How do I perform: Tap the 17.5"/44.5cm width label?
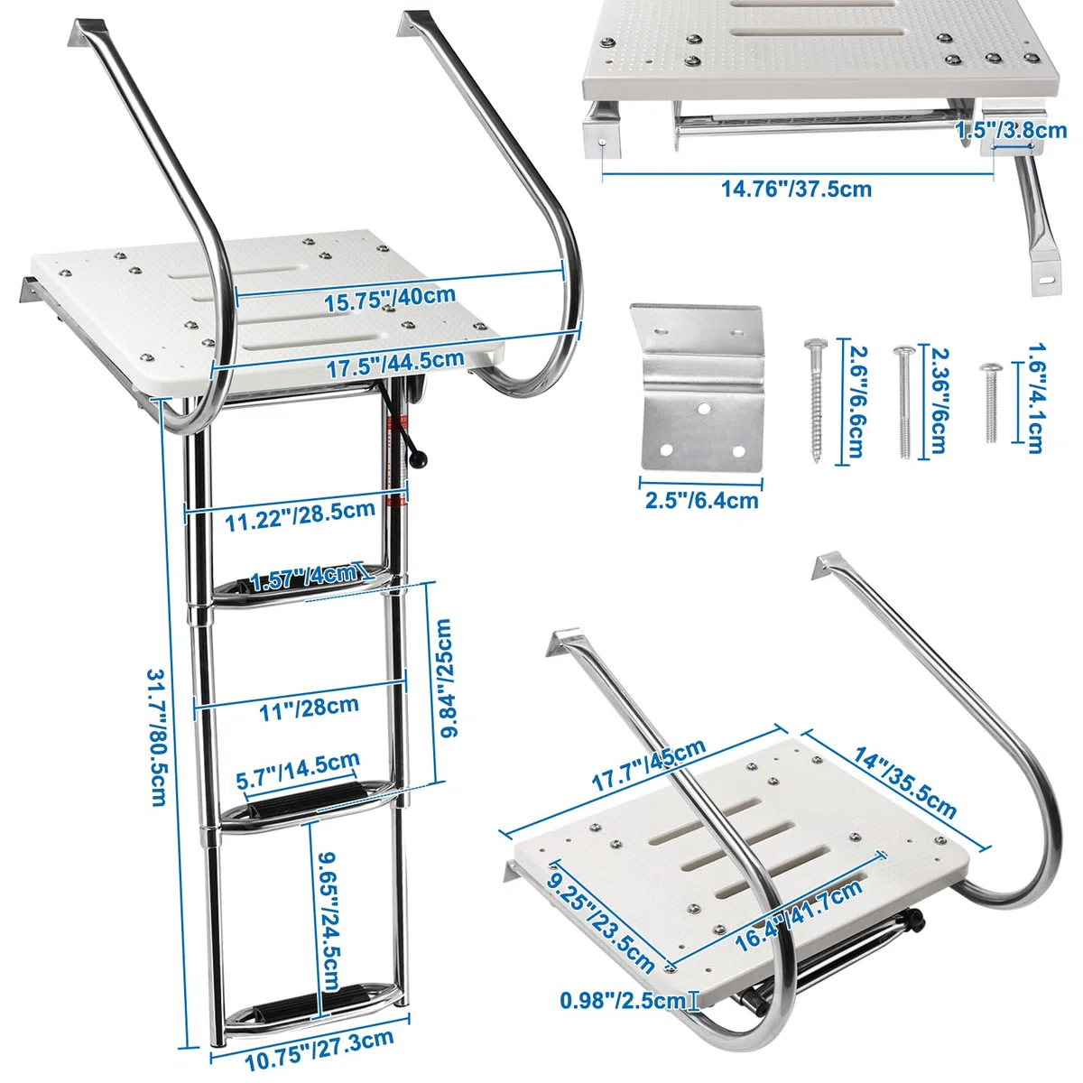pos(395,363)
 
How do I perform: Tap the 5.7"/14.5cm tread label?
pos(298,773)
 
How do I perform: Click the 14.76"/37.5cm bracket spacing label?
pos(796,189)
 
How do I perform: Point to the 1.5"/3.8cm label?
pos(1011,130)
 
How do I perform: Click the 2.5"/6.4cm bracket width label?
pos(701,500)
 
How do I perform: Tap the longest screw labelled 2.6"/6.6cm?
pos(816,401)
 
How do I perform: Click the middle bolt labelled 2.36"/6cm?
pos(904,403)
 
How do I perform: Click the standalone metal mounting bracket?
pos(697,388)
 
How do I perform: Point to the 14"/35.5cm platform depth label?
pos(905,782)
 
